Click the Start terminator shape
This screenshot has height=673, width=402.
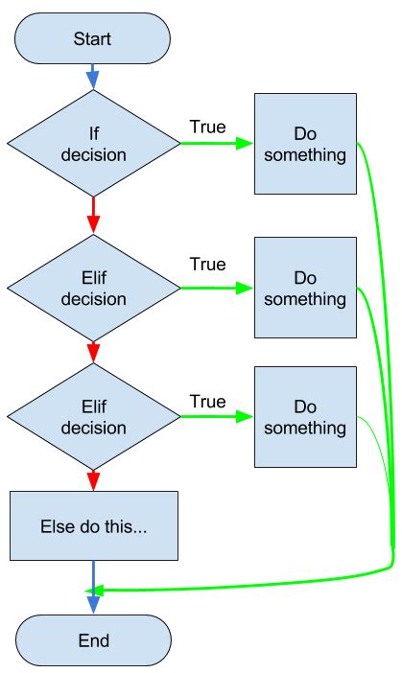[x=93, y=39]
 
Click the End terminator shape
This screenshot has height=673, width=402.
[x=93, y=640]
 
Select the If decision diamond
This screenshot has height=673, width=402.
[x=93, y=144]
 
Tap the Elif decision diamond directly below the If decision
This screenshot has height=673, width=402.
[x=93, y=287]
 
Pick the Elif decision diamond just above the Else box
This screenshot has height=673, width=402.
[x=93, y=417]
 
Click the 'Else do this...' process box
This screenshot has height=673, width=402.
[x=94, y=525]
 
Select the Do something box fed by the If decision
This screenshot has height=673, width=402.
[x=305, y=144]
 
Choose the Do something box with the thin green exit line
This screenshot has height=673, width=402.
[x=305, y=417]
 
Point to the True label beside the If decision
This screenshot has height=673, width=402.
[x=207, y=127]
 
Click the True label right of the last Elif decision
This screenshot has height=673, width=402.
[x=207, y=401]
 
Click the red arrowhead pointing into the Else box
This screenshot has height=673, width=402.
[x=93, y=480]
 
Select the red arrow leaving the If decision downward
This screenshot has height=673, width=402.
[x=93, y=213]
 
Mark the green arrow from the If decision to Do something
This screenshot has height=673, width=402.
[x=216, y=144]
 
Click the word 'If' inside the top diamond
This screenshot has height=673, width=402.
[x=93, y=134]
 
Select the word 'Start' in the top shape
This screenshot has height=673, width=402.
[x=93, y=39]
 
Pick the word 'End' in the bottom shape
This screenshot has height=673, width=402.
[x=93, y=640]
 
